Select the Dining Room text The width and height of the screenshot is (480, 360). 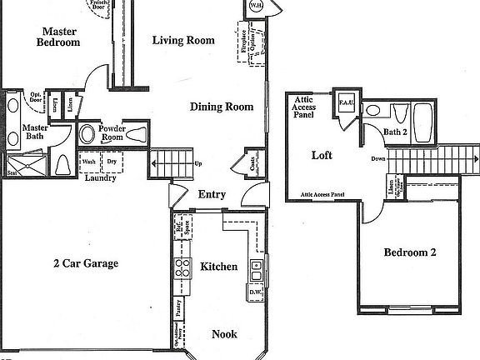coord(221,107)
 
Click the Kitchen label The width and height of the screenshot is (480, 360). coord(219,267)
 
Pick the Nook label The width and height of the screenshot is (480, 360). coord(224,334)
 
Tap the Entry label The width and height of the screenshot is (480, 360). coord(212,195)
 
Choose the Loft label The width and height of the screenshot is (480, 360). coord(322,155)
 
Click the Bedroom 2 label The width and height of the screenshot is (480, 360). coord(410,252)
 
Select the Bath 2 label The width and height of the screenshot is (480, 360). coord(396,132)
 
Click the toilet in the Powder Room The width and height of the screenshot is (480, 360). coord(87,134)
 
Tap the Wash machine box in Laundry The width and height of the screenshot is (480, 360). coord(88,162)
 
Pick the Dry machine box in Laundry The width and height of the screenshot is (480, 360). coord(111,162)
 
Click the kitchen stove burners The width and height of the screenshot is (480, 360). coord(182,267)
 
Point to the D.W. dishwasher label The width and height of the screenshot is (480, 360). coord(256,292)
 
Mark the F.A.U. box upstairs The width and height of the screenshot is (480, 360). coord(347,102)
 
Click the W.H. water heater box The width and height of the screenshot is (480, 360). coord(255,7)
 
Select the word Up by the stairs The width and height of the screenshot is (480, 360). coord(199,163)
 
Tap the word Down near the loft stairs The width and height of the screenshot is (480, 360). coord(378,158)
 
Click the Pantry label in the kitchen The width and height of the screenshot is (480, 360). coord(179,308)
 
